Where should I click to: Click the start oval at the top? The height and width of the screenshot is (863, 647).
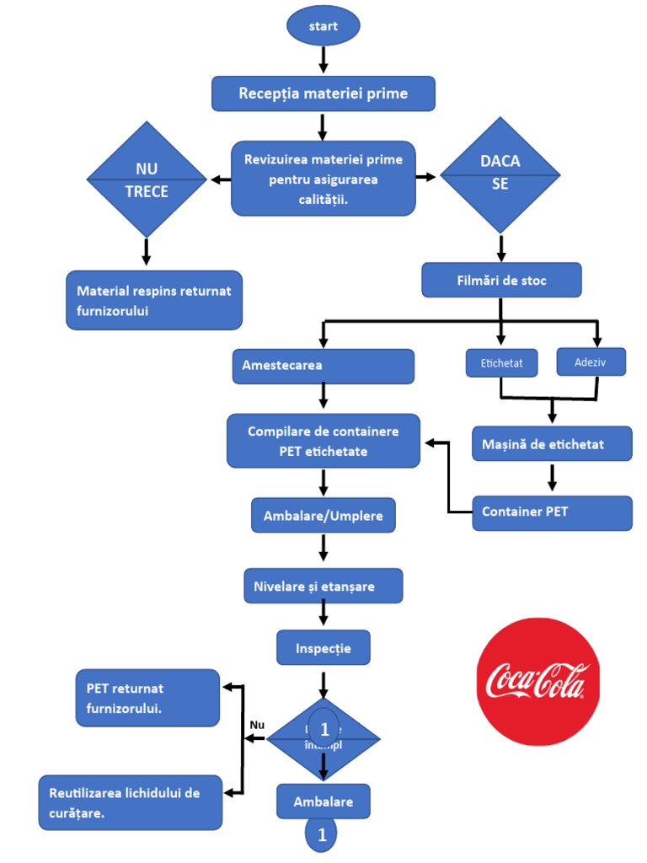click(323, 26)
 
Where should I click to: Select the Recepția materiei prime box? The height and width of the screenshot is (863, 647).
click(323, 94)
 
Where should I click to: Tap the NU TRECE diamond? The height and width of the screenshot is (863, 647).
click(147, 179)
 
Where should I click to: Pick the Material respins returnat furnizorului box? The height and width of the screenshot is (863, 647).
click(154, 300)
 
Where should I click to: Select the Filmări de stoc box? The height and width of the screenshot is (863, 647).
click(500, 281)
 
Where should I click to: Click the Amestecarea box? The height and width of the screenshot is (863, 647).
click(323, 366)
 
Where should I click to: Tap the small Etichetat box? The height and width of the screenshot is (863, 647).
click(501, 363)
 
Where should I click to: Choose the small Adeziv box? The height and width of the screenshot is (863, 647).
click(591, 362)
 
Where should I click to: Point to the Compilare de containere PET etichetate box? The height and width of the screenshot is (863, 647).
click(323, 441)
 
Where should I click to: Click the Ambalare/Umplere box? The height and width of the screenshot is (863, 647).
click(323, 516)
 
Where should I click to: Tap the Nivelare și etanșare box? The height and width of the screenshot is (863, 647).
click(323, 586)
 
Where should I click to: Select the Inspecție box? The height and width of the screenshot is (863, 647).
click(323, 648)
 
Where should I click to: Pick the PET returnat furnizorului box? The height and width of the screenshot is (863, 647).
click(147, 698)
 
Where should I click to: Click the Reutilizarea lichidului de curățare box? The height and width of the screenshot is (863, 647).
click(131, 802)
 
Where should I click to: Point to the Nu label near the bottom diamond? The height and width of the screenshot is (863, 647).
click(257, 725)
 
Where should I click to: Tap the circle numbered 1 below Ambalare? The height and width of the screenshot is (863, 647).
click(321, 835)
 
